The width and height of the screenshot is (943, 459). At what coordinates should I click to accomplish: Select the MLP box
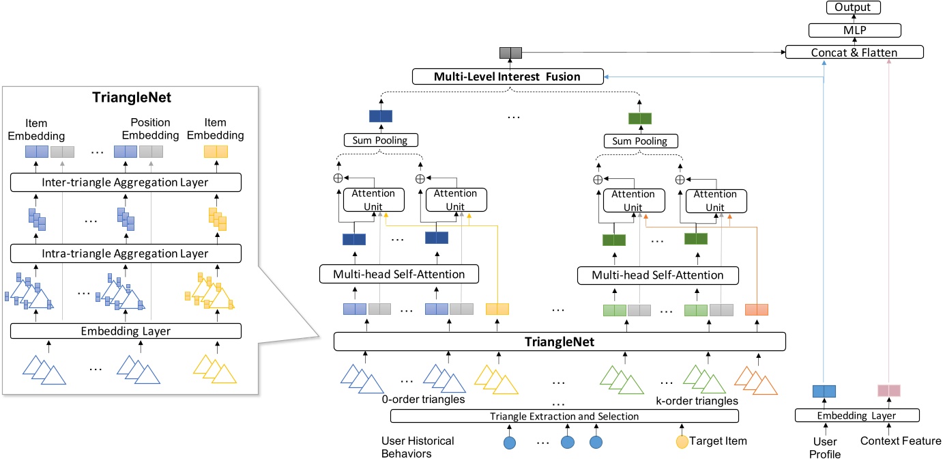pyautogui.click(x=855, y=29)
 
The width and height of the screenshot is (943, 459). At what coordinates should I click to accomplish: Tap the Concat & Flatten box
pyautogui.click(x=854, y=52)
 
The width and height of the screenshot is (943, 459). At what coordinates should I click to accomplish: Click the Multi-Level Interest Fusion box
pyautogui.click(x=508, y=76)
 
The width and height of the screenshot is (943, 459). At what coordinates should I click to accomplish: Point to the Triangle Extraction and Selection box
pyautogui.click(x=564, y=416)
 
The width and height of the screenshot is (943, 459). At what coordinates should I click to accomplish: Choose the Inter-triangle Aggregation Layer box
pyautogui.click(x=126, y=182)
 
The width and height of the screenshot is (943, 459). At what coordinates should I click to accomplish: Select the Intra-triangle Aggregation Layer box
pyautogui.click(x=126, y=254)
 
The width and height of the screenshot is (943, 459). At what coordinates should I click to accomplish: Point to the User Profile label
pyautogui.click(x=824, y=447)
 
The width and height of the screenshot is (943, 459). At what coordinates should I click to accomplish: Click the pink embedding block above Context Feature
pyautogui.click(x=888, y=391)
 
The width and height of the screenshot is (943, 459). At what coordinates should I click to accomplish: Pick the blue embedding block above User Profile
pyautogui.click(x=824, y=391)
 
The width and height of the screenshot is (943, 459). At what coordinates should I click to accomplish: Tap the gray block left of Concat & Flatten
pyautogui.click(x=510, y=53)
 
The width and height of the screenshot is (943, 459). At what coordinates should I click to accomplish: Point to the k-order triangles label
pyautogui.click(x=697, y=401)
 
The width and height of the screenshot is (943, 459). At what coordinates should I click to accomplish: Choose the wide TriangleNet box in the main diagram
pyautogui.click(x=560, y=342)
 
